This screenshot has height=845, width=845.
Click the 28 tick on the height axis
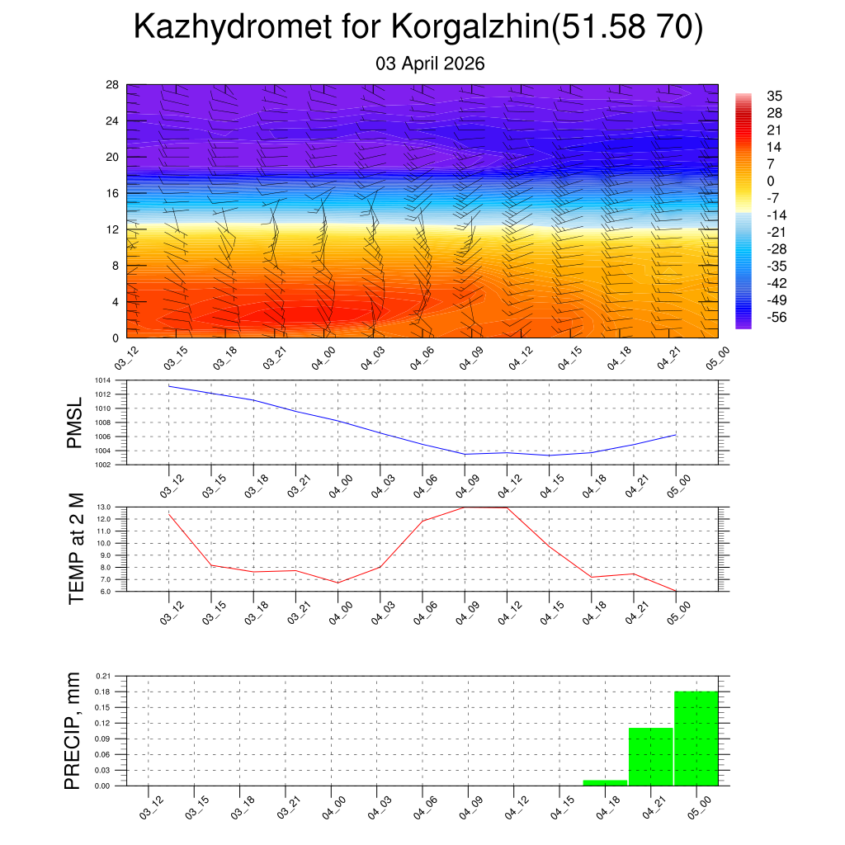[112, 85]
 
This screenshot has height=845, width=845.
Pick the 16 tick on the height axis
[112, 193]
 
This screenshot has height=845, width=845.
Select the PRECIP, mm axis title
[73, 730]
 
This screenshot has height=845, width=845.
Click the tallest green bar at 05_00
[696, 739]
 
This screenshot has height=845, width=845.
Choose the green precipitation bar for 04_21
[650, 757]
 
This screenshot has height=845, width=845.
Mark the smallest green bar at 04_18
[605, 782]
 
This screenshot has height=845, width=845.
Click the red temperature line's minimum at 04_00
[338, 583]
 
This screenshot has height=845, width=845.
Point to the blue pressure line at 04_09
[465, 454]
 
